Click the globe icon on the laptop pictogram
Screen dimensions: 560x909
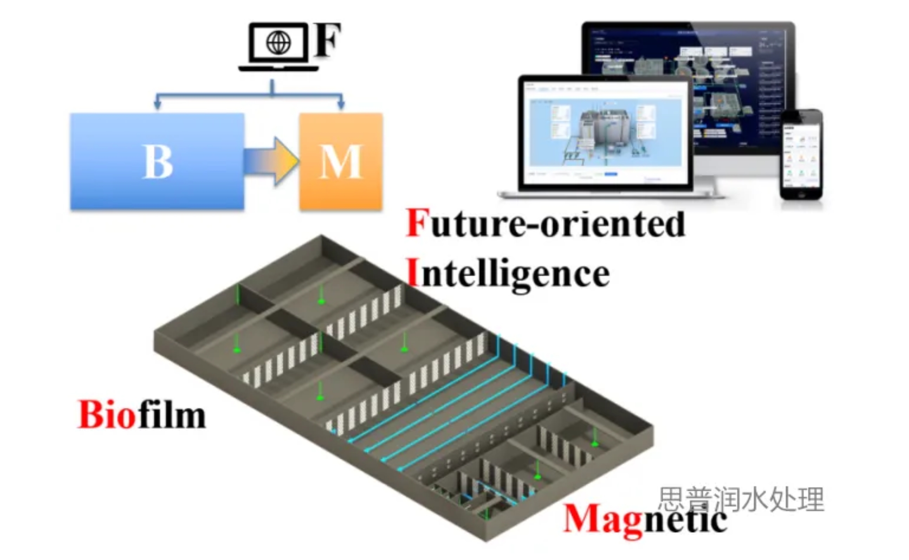[x=278, y=42]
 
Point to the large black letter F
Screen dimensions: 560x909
[x=327, y=40]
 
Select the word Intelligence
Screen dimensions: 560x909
[x=508, y=274]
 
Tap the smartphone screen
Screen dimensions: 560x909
[x=801, y=155]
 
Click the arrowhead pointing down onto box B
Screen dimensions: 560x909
[x=157, y=104]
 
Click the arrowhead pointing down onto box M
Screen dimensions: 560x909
[x=341, y=104]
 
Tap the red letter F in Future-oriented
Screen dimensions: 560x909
[x=417, y=223]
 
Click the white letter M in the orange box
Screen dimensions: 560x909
[x=341, y=162]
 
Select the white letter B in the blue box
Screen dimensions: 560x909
[x=158, y=162]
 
